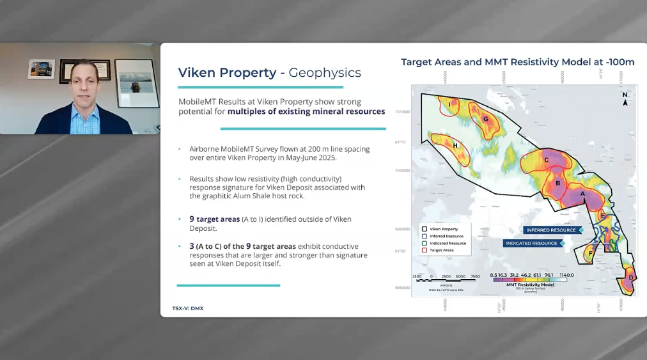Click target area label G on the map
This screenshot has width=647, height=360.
pyautogui.click(x=485, y=119)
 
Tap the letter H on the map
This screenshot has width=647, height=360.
pyautogui.click(x=455, y=146)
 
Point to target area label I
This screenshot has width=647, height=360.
pyautogui.click(x=449, y=104)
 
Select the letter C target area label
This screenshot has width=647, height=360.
pyautogui.click(x=546, y=160)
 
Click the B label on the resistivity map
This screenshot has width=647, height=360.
pyautogui.click(x=557, y=184)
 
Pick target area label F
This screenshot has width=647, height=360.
pyautogui.click(x=590, y=254)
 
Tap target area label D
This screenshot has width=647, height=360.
pyautogui.click(x=630, y=278)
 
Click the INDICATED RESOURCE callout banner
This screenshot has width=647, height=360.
pyautogui.click(x=531, y=243)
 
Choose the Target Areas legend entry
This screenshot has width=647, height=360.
pyautogui.click(x=441, y=251)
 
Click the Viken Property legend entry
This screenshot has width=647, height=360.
pyautogui.click(x=443, y=229)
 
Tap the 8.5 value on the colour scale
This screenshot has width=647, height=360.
pyautogui.click(x=494, y=275)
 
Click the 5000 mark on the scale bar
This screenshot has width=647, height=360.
pyautogui.click(x=460, y=276)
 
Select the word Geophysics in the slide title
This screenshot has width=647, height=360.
pyautogui.click(x=325, y=73)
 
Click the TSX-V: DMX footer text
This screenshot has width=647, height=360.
pyautogui.click(x=188, y=308)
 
